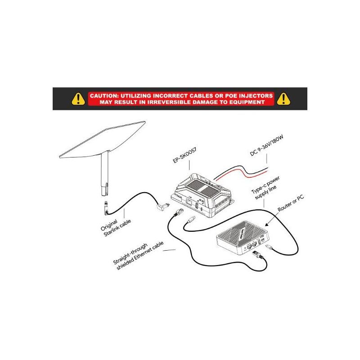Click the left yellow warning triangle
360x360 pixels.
(x=78, y=99)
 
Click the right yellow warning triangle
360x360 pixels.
(x=283, y=99)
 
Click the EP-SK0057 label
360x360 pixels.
(x=184, y=155)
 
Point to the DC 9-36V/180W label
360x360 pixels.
(x=266, y=145)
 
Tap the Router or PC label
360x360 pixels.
(x=291, y=203)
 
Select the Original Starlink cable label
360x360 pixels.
(x=116, y=228)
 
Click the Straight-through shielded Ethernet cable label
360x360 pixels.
(x=139, y=255)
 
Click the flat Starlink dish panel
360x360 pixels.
(x=103, y=139)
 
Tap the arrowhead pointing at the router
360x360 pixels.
(x=266, y=225)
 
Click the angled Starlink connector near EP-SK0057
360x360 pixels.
(x=162, y=207)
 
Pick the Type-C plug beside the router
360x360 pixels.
(x=269, y=247)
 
